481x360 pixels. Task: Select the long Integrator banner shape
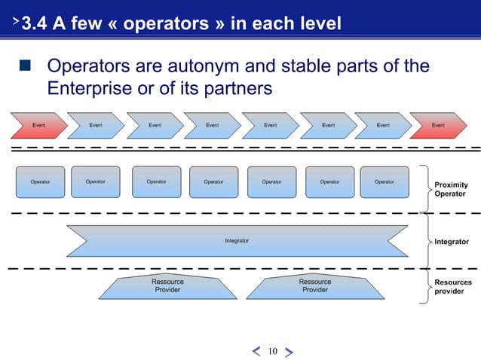pos(237,241)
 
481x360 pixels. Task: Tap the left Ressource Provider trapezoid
pos(167,285)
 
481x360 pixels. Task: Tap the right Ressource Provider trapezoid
pos(314,285)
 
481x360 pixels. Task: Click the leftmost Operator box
pos(40,182)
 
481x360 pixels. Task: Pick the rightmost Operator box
pos(384,182)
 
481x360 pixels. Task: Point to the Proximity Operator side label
pos(451,189)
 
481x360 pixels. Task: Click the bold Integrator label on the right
pos(452,242)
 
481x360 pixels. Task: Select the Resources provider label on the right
pos(453,287)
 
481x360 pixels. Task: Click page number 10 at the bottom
pos(272,351)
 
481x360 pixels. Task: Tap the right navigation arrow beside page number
pos(290,351)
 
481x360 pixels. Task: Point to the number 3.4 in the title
pos(36,24)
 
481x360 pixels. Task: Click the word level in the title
pos(318,24)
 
